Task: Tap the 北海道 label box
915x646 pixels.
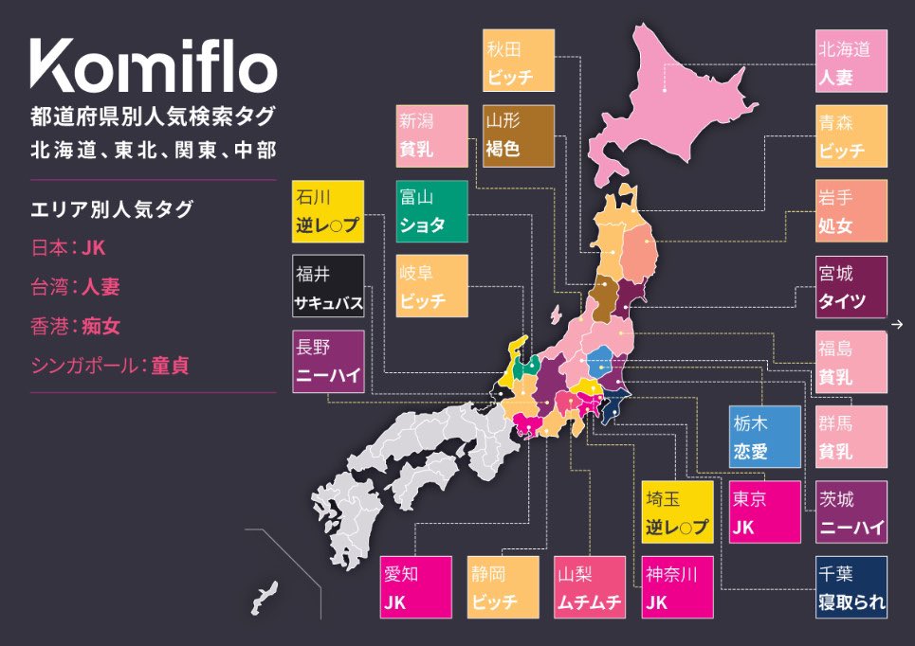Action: pyautogui.click(x=851, y=61)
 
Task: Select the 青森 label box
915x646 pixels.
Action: pyautogui.click(x=851, y=135)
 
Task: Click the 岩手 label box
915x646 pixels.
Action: pyautogui.click(x=851, y=211)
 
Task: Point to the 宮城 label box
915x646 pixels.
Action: pyautogui.click(x=851, y=287)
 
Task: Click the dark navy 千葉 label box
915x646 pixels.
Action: pyautogui.click(x=851, y=587)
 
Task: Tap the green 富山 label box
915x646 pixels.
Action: pyautogui.click(x=431, y=211)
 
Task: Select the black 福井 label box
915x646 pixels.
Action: pyautogui.click(x=328, y=287)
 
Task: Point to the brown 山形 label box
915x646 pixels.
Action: pyautogui.click(x=519, y=135)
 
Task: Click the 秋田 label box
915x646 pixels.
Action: pyautogui.click(x=519, y=61)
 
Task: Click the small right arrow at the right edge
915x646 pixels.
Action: pyautogui.click(x=897, y=326)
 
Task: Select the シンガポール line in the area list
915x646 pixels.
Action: pyautogui.click(x=110, y=366)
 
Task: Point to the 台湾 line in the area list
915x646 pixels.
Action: pyautogui.click(x=77, y=287)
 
